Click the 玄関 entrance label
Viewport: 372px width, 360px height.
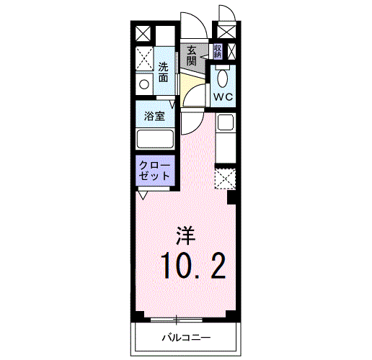click(x=192, y=55)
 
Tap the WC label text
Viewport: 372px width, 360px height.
click(x=223, y=97)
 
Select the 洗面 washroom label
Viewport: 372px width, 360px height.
click(x=163, y=72)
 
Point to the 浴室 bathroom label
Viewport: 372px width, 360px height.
click(x=154, y=117)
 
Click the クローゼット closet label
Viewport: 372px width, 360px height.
click(x=154, y=171)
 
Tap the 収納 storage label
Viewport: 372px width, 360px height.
click(x=217, y=51)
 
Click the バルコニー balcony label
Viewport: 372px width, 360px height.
click(x=186, y=338)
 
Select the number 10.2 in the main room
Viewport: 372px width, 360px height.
click(x=193, y=266)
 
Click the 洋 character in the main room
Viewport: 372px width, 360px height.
click(x=186, y=235)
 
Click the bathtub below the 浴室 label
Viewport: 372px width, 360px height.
click(x=155, y=139)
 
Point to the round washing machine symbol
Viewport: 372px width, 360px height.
click(x=144, y=84)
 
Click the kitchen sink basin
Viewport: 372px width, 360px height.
click(x=226, y=122)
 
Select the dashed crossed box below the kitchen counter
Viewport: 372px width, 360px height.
click(x=225, y=179)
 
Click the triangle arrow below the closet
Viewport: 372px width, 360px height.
click(x=143, y=195)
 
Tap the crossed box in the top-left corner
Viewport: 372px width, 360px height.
click(x=143, y=33)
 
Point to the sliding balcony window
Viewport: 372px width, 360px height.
click(x=177, y=320)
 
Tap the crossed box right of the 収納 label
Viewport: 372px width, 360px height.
click(x=231, y=51)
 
